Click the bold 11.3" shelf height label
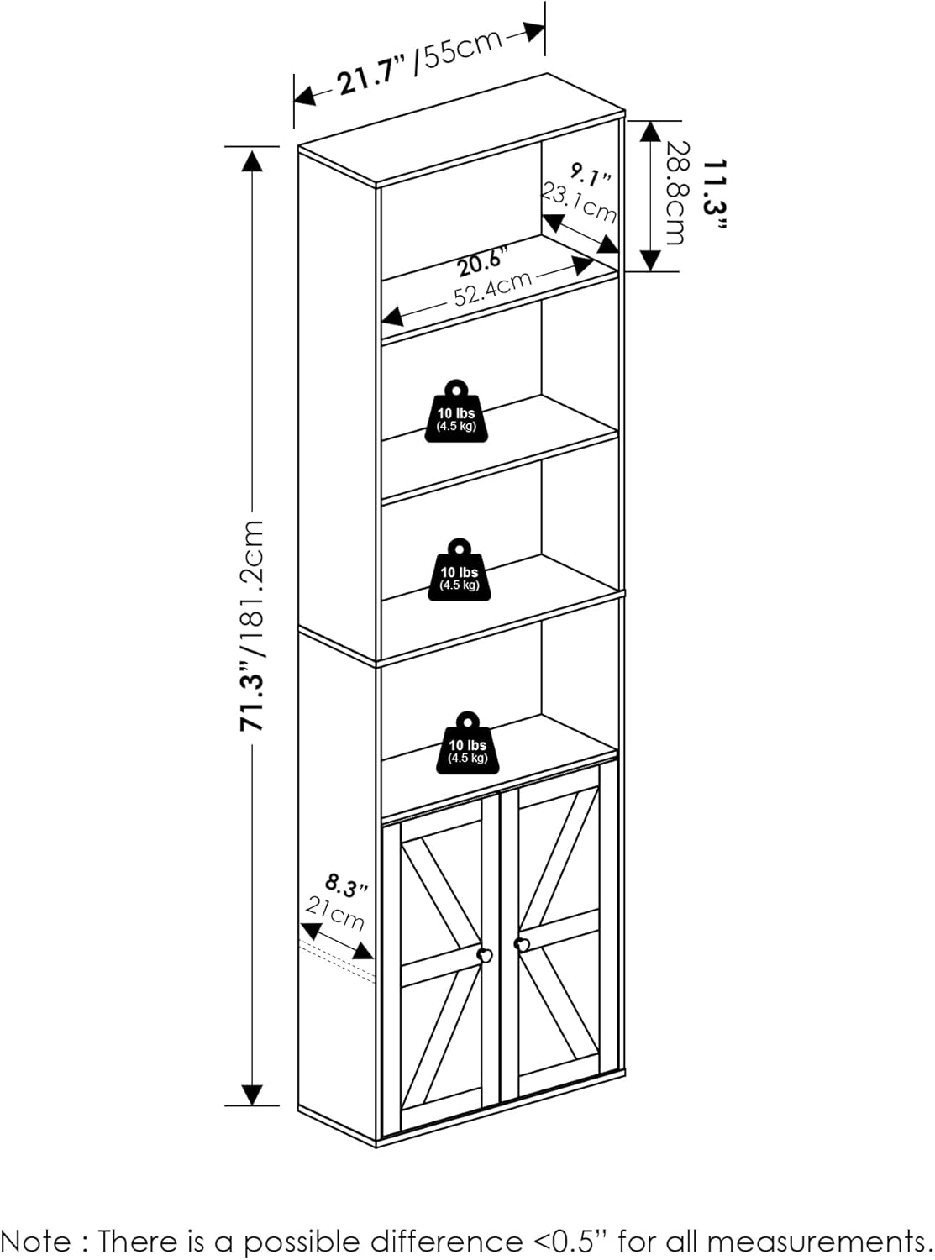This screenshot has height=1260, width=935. (715, 195)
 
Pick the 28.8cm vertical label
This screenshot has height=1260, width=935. (675, 192)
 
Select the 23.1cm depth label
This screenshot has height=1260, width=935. (577, 202)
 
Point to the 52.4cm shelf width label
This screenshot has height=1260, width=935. (492, 289)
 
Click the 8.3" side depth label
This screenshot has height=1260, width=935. (346, 887)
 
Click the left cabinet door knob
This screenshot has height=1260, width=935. (486, 956)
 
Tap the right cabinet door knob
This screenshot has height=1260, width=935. (521, 944)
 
